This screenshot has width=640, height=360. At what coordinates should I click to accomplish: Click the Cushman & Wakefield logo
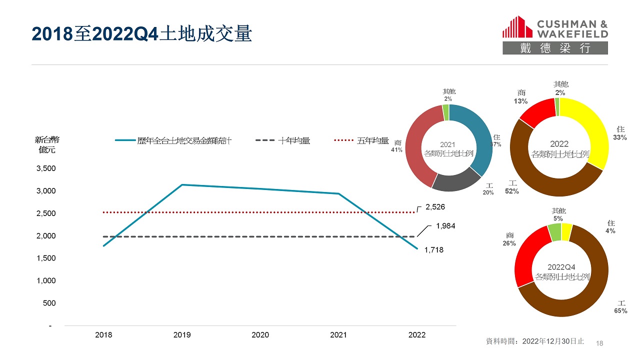555,34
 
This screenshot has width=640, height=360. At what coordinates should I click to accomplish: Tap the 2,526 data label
435,206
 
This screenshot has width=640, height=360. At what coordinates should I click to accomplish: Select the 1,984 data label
445,226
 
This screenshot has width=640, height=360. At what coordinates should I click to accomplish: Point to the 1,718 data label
434,249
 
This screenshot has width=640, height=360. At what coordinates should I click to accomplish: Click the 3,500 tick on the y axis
46,168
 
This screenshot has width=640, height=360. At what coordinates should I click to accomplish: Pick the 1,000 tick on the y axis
46,280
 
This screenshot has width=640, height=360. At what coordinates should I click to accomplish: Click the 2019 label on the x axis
182,335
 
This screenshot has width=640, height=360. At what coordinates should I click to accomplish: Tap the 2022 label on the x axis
417,335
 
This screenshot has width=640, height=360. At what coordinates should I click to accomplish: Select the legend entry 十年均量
294,141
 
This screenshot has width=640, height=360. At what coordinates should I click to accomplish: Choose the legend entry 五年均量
372,141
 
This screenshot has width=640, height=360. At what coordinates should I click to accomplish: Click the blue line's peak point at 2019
182,185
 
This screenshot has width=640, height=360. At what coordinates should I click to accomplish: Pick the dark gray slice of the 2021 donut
456,181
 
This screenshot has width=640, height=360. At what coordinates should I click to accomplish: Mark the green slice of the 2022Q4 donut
554,232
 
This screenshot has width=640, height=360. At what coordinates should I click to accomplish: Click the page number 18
600,343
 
